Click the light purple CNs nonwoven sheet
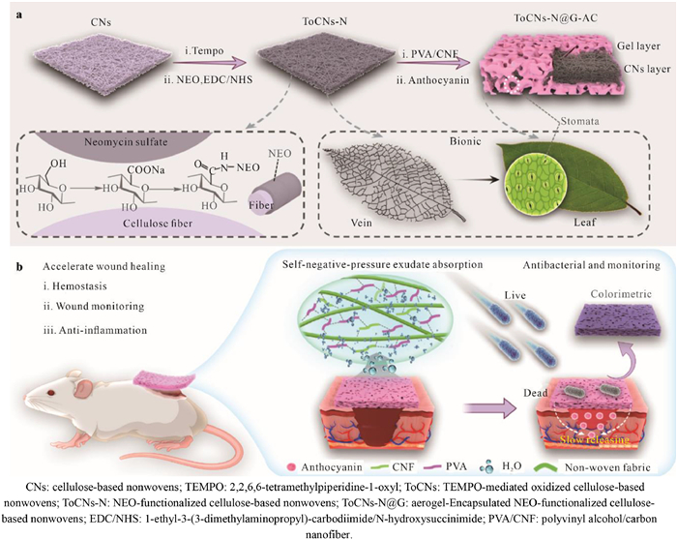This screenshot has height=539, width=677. [101, 61]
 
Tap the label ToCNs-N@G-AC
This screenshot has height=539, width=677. [556, 18]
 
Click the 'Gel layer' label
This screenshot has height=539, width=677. [638, 45]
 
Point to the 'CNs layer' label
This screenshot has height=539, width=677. [647, 69]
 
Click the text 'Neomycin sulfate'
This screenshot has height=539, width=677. [126, 141]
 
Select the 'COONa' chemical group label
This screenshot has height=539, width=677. [145, 170]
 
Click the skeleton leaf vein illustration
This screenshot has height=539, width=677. [392, 183]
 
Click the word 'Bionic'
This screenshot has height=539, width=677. [465, 141]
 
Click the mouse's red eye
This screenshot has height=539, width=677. [51, 393]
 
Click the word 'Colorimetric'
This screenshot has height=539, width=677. [621, 294]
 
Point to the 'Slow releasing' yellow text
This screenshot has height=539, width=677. [595, 439]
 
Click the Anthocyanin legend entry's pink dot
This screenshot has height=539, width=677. [291, 467]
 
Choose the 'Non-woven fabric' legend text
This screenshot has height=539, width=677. [607, 467]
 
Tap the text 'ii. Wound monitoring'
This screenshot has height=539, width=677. [94, 306]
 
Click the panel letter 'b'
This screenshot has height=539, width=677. [19, 266]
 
